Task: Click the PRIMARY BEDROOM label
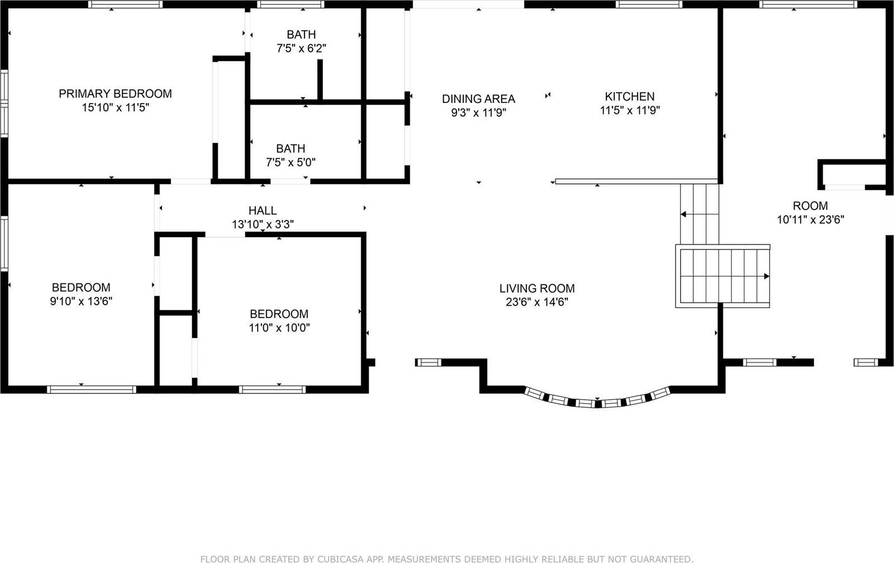[115, 93]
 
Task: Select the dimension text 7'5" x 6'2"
[301, 49]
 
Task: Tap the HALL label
[263, 210]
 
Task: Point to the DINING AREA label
[478, 99]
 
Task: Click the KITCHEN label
[630, 96]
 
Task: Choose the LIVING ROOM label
[537, 288]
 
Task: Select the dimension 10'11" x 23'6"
[810, 220]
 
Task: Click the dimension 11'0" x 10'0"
[279, 328]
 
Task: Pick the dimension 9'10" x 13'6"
[81, 301]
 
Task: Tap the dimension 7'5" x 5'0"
[291, 163]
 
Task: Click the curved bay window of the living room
[597, 400]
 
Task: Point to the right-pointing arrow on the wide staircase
[766, 276]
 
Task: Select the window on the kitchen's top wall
[649, 4]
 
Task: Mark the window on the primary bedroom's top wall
[126, 4]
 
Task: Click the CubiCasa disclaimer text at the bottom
[447, 559]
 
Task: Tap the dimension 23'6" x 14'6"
[537, 302]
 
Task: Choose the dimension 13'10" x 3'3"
[263, 225]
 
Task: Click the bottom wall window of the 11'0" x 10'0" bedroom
[272, 389]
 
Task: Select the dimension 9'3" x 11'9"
[478, 113]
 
